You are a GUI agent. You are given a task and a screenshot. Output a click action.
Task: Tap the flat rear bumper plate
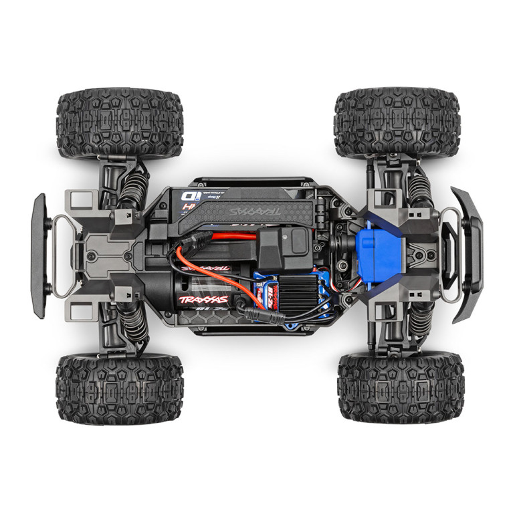point(39,255)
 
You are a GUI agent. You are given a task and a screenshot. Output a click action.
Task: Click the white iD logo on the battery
point(187,197)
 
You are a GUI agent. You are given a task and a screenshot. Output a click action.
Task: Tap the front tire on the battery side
point(397,122)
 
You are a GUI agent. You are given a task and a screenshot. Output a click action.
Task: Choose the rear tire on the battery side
point(119,122)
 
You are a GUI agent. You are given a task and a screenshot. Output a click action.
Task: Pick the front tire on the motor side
point(400,389)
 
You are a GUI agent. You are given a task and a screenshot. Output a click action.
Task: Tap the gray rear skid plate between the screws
point(100,254)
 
